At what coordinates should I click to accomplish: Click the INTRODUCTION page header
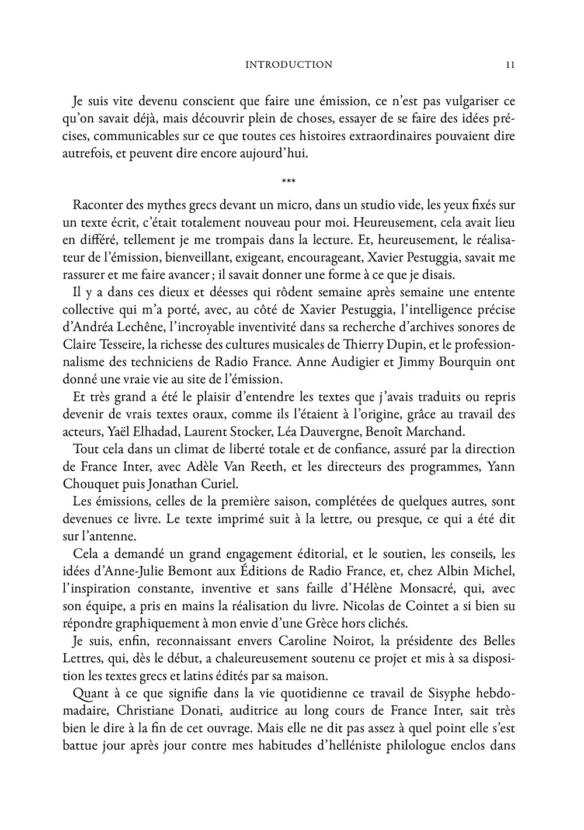(x=289, y=65)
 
